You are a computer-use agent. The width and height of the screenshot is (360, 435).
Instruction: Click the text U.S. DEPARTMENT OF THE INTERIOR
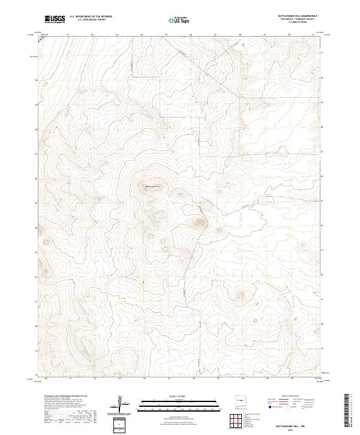(91, 17)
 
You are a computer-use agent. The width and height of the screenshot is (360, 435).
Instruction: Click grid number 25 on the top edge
(166, 35)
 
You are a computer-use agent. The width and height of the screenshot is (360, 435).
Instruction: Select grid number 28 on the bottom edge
(243, 379)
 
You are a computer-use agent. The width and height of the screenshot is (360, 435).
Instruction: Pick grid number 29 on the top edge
(265, 35)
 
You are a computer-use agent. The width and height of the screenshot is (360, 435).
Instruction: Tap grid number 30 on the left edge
(37, 80)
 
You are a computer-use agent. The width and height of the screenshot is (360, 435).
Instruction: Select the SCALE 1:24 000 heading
(162, 395)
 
